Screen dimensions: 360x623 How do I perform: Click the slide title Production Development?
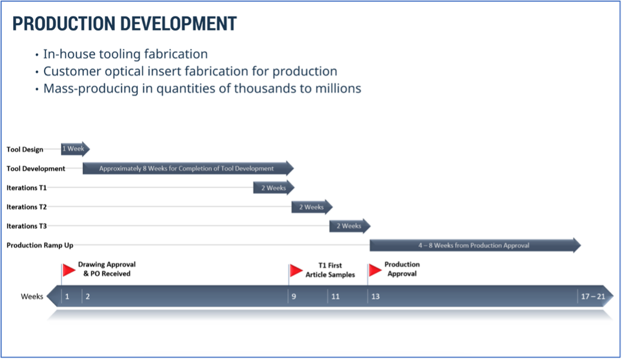pyautogui.click(x=124, y=24)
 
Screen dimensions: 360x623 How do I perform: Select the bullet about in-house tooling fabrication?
pyautogui.click(x=125, y=54)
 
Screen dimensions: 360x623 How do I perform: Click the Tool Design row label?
pyautogui.click(x=25, y=149)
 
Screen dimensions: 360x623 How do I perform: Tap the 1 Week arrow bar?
pyautogui.click(x=74, y=149)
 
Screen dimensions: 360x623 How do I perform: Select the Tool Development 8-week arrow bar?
pyautogui.click(x=187, y=168)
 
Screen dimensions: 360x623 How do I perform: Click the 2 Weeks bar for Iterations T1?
pyautogui.click(x=273, y=187)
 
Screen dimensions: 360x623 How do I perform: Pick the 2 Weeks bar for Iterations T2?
pyautogui.click(x=311, y=207)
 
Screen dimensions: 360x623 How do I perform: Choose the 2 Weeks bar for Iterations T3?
pyautogui.click(x=349, y=226)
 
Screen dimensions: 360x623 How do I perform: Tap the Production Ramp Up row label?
pyautogui.click(x=40, y=245)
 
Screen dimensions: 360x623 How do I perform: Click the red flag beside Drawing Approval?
pyautogui.click(x=69, y=270)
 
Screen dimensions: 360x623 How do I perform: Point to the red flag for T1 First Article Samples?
pyautogui.click(x=297, y=270)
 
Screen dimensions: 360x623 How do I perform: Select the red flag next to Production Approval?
pyautogui.click(x=375, y=270)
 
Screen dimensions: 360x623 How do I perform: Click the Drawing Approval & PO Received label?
pyautogui.click(x=106, y=269)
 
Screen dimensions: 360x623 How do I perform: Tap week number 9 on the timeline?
pyautogui.click(x=294, y=297)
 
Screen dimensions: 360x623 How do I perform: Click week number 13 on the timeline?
pyautogui.click(x=375, y=297)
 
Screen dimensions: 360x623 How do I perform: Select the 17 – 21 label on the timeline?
pyautogui.click(x=593, y=297)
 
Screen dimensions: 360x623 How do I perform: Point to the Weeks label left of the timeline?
pyautogui.click(x=32, y=297)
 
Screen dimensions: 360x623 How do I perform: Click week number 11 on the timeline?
pyautogui.click(x=335, y=297)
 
